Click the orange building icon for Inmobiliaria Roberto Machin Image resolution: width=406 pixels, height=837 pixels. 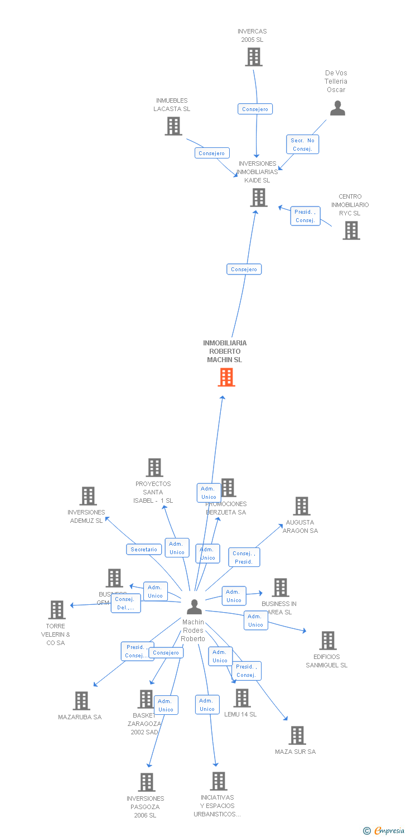pyautogui.click(x=226, y=377)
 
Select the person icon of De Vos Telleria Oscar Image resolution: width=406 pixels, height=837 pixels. pyautogui.click(x=337, y=108)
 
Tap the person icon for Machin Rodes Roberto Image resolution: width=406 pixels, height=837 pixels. pyautogui.click(x=194, y=607)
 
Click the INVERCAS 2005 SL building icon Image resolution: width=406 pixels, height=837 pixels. pyautogui.click(x=254, y=57)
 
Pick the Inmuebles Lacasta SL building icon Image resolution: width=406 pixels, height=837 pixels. pyautogui.click(x=173, y=126)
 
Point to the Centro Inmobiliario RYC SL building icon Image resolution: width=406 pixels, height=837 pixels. pyautogui.click(x=351, y=230)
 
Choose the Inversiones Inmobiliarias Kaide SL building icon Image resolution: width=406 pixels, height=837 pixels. pyautogui.click(x=259, y=198)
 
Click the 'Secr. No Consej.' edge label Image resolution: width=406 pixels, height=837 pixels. pyautogui.click(x=303, y=145)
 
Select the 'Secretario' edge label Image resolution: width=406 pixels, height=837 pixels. pyautogui.click(x=144, y=550)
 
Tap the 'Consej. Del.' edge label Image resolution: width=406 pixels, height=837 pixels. pyautogui.click(x=125, y=603)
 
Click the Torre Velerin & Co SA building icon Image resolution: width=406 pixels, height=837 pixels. pyautogui.click(x=57, y=610)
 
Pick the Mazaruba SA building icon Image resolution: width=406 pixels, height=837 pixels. pyautogui.click(x=81, y=701)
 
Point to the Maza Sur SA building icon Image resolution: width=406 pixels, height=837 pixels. pyautogui.click(x=297, y=735)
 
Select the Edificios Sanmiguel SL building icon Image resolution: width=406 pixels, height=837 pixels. pyautogui.click(x=328, y=641)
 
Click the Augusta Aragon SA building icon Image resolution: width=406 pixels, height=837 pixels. pyautogui.click(x=302, y=506)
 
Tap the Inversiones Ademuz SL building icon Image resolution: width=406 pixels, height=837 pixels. pyautogui.click(x=88, y=496)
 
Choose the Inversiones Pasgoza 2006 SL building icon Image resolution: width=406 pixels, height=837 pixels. pyautogui.click(x=147, y=782)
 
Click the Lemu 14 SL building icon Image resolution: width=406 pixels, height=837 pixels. pyautogui.click(x=242, y=698)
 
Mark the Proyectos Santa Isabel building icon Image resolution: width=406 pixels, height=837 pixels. pyautogui.click(x=154, y=468)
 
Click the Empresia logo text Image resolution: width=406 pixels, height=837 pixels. pyautogui.click(x=389, y=831)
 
